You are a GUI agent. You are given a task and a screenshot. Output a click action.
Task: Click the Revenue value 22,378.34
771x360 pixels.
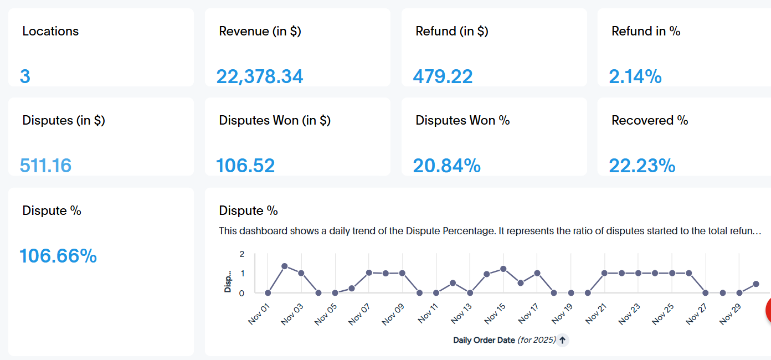(260, 76)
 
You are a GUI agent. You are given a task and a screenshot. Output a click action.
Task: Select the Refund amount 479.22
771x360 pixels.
(443, 76)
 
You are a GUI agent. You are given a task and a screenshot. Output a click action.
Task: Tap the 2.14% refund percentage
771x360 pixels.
(635, 76)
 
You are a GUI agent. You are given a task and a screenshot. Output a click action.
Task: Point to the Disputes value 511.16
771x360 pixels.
(45, 166)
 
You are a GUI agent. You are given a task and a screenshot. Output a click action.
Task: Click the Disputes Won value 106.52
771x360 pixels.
(245, 166)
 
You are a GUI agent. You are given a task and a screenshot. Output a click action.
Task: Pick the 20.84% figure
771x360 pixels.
(447, 166)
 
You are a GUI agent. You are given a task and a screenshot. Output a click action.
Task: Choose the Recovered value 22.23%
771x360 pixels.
(642, 166)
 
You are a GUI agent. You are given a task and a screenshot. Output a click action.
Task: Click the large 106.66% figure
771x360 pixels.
(58, 256)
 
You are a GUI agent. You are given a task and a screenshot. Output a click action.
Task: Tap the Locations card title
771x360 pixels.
(50, 32)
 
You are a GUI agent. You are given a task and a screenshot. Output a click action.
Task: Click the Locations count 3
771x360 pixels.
(25, 76)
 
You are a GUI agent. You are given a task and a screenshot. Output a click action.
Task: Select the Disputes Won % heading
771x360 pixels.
(462, 120)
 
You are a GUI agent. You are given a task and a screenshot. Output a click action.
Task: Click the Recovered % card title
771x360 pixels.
(650, 120)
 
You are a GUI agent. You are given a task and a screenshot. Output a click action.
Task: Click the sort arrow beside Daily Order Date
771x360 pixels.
(562, 340)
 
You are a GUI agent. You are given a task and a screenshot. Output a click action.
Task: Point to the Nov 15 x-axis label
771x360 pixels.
(495, 313)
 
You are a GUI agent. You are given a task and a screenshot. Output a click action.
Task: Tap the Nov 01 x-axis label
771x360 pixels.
(259, 314)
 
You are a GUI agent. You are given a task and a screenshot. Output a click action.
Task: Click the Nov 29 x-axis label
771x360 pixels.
(730, 314)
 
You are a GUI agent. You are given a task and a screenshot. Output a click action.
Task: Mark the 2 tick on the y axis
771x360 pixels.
(242, 254)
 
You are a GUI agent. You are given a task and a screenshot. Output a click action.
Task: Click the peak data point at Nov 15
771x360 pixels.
(503, 269)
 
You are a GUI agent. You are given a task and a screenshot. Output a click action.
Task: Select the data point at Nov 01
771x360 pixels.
(268, 293)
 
